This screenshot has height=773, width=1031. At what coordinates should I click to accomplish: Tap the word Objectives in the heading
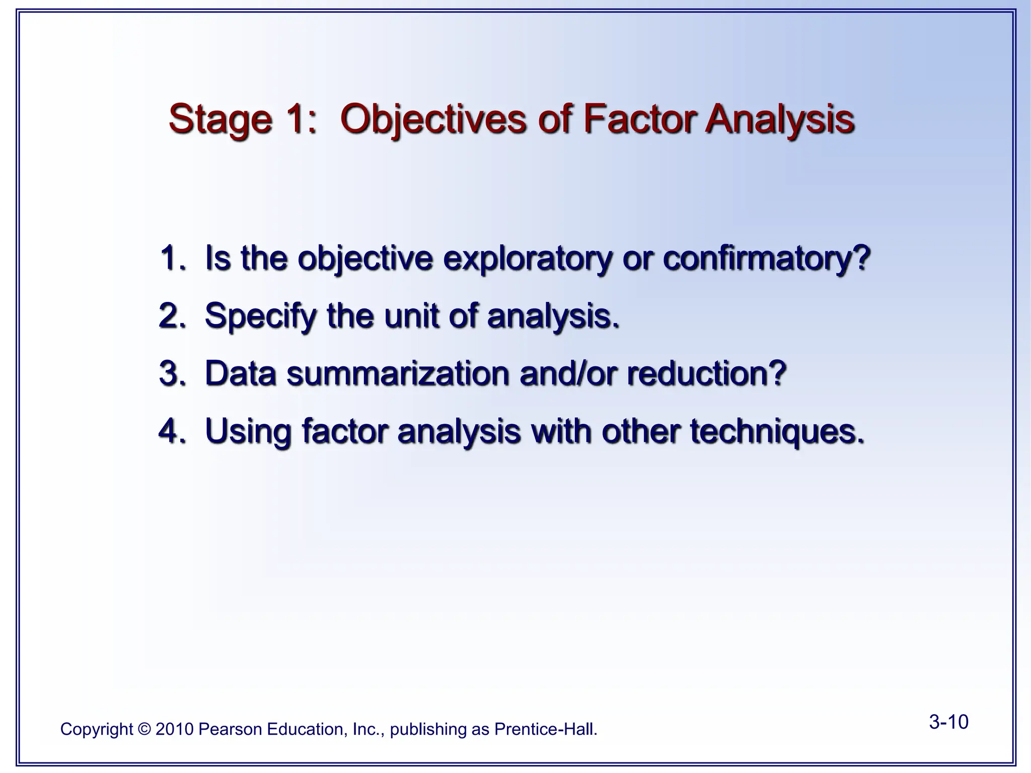(433, 120)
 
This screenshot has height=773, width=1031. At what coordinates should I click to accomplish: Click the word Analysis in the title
(779, 120)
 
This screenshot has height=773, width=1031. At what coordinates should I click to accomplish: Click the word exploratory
(528, 259)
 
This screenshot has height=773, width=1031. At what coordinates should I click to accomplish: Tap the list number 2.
(171, 316)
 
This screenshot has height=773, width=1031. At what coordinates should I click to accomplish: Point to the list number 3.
(171, 374)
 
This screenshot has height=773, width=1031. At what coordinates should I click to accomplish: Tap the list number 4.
(171, 431)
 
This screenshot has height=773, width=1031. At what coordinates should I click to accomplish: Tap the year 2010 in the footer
(175, 729)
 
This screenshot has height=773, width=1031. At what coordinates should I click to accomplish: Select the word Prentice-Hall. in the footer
(546, 729)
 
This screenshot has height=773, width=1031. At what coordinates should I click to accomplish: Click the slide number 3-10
(948, 722)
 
